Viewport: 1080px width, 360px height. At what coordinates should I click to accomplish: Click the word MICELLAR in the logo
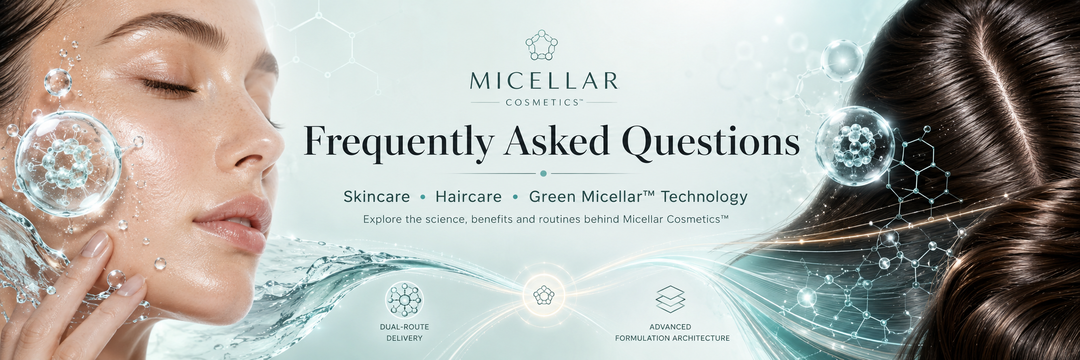click(x=543, y=82)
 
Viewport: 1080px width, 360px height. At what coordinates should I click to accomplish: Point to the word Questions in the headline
click(x=710, y=141)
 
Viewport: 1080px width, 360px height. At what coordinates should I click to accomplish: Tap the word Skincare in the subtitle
click(x=376, y=197)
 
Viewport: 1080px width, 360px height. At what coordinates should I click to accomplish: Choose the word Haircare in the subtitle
click(x=468, y=197)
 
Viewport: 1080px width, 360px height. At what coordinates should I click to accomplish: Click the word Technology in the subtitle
click(x=704, y=197)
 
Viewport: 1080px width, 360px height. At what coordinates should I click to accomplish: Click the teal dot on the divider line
click(x=543, y=174)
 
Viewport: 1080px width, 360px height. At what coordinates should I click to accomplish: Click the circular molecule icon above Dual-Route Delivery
click(x=404, y=300)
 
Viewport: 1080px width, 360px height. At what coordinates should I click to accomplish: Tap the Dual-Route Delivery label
click(x=404, y=332)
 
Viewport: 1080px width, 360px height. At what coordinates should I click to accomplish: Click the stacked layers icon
click(x=670, y=299)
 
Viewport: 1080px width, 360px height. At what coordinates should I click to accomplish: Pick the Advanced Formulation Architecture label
click(x=672, y=332)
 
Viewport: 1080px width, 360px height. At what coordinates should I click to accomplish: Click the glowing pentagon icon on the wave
click(x=543, y=296)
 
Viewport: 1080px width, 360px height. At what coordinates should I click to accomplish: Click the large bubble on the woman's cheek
click(x=68, y=164)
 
